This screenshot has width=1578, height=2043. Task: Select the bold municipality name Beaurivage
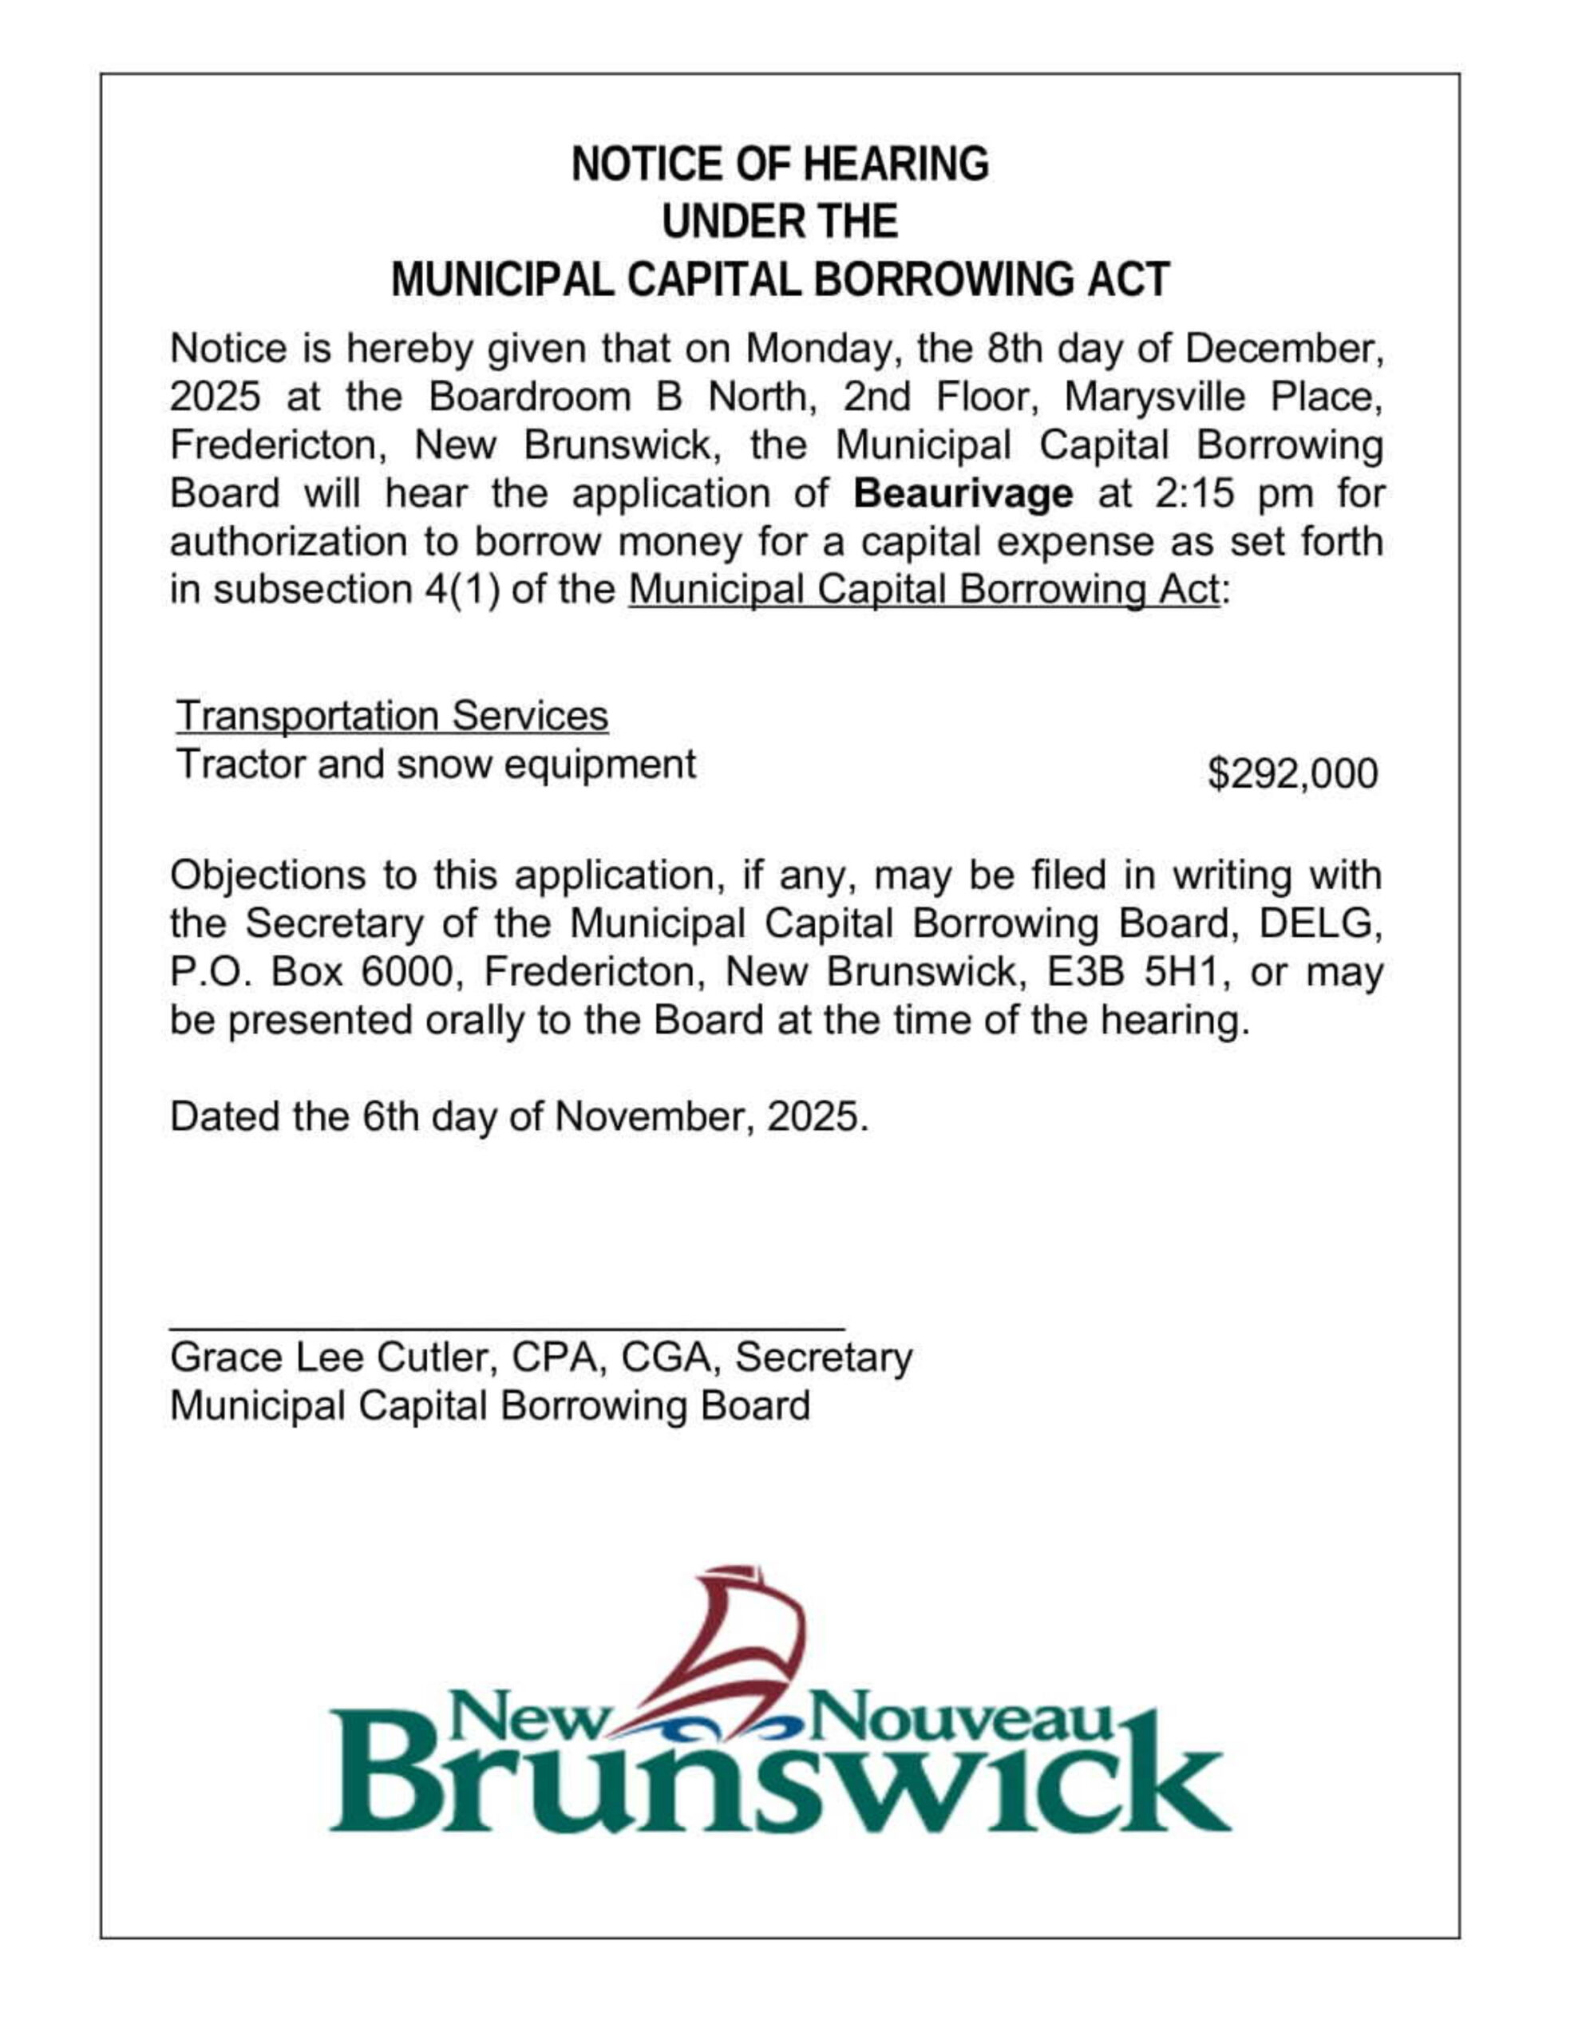[x=963, y=494]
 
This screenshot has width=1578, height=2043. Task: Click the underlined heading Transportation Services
[x=392, y=717]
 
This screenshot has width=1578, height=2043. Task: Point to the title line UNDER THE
[x=779, y=223]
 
